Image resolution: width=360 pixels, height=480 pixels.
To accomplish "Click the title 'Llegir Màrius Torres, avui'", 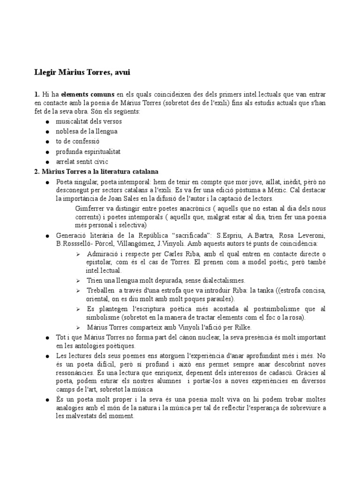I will coord(82,73).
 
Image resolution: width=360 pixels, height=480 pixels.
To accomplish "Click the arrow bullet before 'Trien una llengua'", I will coord(78,280).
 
